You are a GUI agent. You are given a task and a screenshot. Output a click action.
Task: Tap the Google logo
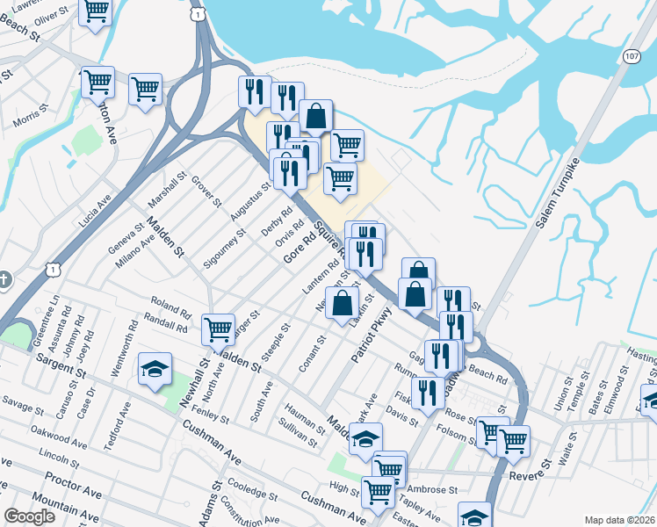point(29,516)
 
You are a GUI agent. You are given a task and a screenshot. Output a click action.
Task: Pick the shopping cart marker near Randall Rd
point(218,329)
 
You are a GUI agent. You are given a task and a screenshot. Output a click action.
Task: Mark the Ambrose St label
point(431,489)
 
